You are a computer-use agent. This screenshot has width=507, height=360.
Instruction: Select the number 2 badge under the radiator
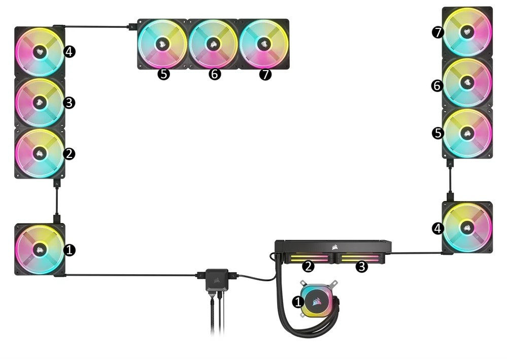(308, 266)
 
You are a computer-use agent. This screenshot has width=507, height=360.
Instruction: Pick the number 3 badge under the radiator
(361, 266)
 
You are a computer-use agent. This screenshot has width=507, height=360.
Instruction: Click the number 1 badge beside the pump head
(298, 302)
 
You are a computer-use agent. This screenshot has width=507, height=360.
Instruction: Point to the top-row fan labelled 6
(213, 44)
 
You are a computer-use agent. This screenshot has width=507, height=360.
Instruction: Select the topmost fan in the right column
(467, 31)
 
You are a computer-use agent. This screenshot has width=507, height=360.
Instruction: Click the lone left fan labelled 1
(40, 249)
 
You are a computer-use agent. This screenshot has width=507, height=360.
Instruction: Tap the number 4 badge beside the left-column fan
(70, 51)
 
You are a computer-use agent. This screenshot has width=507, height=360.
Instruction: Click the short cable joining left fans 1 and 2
(56, 201)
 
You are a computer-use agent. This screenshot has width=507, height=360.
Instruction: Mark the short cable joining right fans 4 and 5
(450, 180)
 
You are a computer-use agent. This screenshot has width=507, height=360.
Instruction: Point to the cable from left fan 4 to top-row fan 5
(96, 25)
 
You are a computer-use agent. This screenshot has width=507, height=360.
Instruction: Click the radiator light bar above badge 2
(308, 258)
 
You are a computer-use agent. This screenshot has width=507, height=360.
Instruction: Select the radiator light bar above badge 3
(360, 258)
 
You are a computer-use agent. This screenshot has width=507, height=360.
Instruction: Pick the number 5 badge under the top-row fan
(163, 75)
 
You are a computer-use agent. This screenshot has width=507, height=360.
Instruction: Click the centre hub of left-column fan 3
(38, 102)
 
